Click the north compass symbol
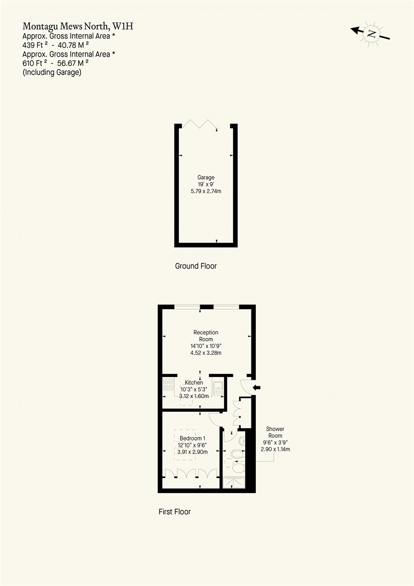[372, 34]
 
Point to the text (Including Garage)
[52, 72]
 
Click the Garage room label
[206, 177]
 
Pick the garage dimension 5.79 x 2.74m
[206, 191]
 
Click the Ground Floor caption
[195, 266]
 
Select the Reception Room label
[206, 336]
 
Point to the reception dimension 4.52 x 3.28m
[206, 353]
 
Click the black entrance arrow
[256, 388]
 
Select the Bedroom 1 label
[192, 438]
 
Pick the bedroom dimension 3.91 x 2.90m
[192, 452]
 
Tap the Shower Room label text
[274, 432]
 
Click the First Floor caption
[174, 512]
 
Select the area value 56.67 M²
[73, 63]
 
